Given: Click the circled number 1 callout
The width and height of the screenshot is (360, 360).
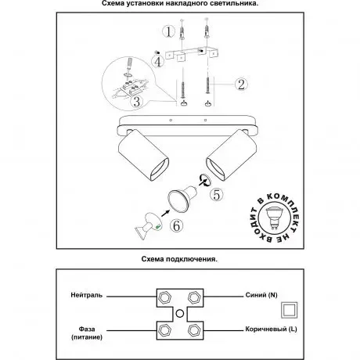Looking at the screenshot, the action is pyautogui.click(x=169, y=31).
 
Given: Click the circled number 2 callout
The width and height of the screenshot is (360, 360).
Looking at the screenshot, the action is pyautogui.click(x=241, y=84).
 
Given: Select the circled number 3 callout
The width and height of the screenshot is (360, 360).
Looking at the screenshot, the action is pyautogui.click(x=136, y=102).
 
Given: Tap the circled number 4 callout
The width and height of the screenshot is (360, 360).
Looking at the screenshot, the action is pyautogui.click(x=158, y=62).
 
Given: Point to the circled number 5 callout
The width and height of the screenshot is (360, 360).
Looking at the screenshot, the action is pyautogui.click(x=217, y=195).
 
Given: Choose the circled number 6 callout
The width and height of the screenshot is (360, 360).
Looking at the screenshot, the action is pyautogui.click(x=176, y=225).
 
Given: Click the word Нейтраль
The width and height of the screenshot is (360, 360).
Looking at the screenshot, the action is pyautogui.click(x=87, y=295).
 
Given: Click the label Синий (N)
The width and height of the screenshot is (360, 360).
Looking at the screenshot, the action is pyautogui.click(x=261, y=295).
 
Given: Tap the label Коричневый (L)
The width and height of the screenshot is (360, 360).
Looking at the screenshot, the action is pyautogui.click(x=271, y=329).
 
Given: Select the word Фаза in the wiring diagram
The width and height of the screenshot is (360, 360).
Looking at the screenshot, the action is pyautogui.click(x=87, y=329).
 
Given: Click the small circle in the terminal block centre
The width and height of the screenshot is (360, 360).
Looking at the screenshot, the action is pyautogui.click(x=180, y=313).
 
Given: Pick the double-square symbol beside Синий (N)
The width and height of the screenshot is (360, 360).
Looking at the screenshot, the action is pyautogui.click(x=290, y=310).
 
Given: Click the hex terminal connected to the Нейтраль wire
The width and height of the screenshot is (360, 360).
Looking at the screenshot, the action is pyautogui.click(x=165, y=297).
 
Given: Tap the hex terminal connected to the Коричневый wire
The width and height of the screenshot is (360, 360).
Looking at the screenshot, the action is pyautogui.click(x=194, y=330).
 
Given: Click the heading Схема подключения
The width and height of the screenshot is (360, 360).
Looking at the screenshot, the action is pyautogui.click(x=179, y=259).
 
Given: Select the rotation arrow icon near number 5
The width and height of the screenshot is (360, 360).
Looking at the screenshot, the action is pyautogui.click(x=204, y=180).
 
